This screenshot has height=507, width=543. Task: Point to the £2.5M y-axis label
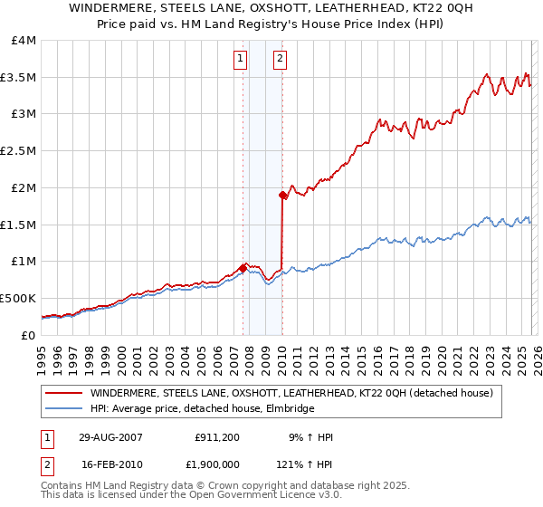18,151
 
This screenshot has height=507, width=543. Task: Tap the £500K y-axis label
18,298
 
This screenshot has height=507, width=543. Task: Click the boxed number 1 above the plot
241,60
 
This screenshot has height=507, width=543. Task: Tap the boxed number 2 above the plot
281,60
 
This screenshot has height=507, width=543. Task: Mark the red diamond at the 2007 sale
243,268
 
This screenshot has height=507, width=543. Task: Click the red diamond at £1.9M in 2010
282,195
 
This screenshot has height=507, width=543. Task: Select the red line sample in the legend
63,393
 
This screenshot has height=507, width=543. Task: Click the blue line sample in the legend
63,409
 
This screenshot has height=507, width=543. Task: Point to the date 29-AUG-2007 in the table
108,437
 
